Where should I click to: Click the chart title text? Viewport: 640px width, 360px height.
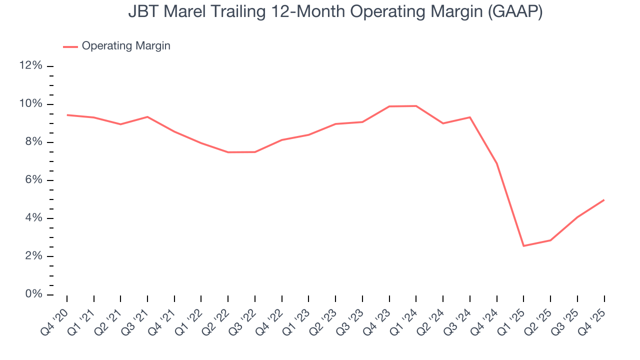coord(335,12)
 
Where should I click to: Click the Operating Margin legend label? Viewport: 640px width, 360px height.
coord(126,46)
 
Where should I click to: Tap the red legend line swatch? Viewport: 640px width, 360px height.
coord(70,46)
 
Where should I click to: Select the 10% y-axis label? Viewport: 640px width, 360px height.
coord(31,104)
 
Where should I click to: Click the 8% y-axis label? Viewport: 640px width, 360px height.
coord(33,142)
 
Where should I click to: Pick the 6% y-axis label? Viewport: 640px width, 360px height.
coord(33,180)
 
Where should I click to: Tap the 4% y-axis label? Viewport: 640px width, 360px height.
coord(33,218)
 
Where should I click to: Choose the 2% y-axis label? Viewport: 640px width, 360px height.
coord(33,256)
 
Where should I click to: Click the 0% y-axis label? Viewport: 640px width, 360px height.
coord(33,294)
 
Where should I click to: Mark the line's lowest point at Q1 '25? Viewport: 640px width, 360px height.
coord(523,245)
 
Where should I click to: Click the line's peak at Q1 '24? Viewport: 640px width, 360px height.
coord(416,106)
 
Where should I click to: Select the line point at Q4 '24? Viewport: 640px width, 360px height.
coord(496,163)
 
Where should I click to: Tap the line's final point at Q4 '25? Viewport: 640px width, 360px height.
coord(604,200)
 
